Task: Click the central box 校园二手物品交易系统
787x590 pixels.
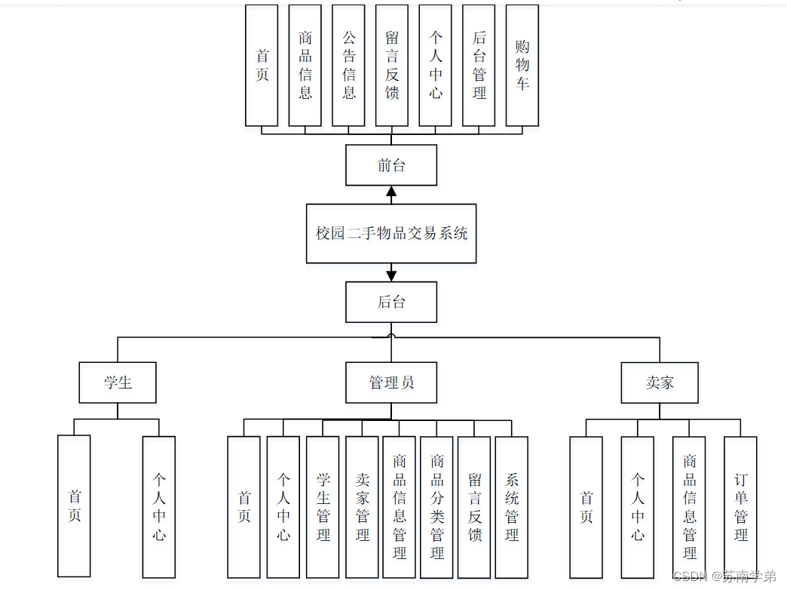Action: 391,233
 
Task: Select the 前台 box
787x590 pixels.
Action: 391,165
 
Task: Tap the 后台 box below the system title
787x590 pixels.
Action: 391,303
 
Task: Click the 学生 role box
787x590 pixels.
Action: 118,383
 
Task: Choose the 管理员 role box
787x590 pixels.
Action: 391,383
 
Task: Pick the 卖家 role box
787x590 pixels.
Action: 660,383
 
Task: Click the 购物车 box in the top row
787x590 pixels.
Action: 522,66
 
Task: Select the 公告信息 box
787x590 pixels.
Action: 348,66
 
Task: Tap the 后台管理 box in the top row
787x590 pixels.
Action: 479,66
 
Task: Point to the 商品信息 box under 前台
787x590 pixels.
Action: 305,66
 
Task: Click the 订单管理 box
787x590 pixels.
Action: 740,507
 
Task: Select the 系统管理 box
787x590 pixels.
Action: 511,507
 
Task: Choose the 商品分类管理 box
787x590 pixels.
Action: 436,507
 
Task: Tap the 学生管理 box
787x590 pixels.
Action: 323,507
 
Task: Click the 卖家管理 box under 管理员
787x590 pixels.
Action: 362,507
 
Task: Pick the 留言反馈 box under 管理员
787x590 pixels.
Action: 474,507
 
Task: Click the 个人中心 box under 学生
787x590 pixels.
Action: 159,507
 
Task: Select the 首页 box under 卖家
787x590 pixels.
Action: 586,507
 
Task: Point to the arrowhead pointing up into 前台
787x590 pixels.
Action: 391,192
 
